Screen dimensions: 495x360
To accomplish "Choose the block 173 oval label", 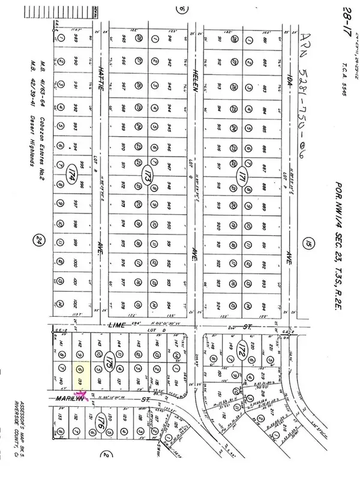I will (146, 176).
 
